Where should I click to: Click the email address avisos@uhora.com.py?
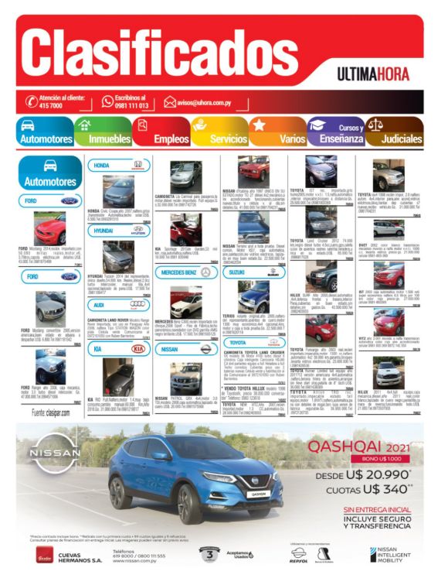[x=211, y=101]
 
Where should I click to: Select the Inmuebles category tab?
[x=109, y=139]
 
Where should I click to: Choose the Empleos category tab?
[x=171, y=139]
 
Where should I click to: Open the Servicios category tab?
[x=228, y=139]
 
